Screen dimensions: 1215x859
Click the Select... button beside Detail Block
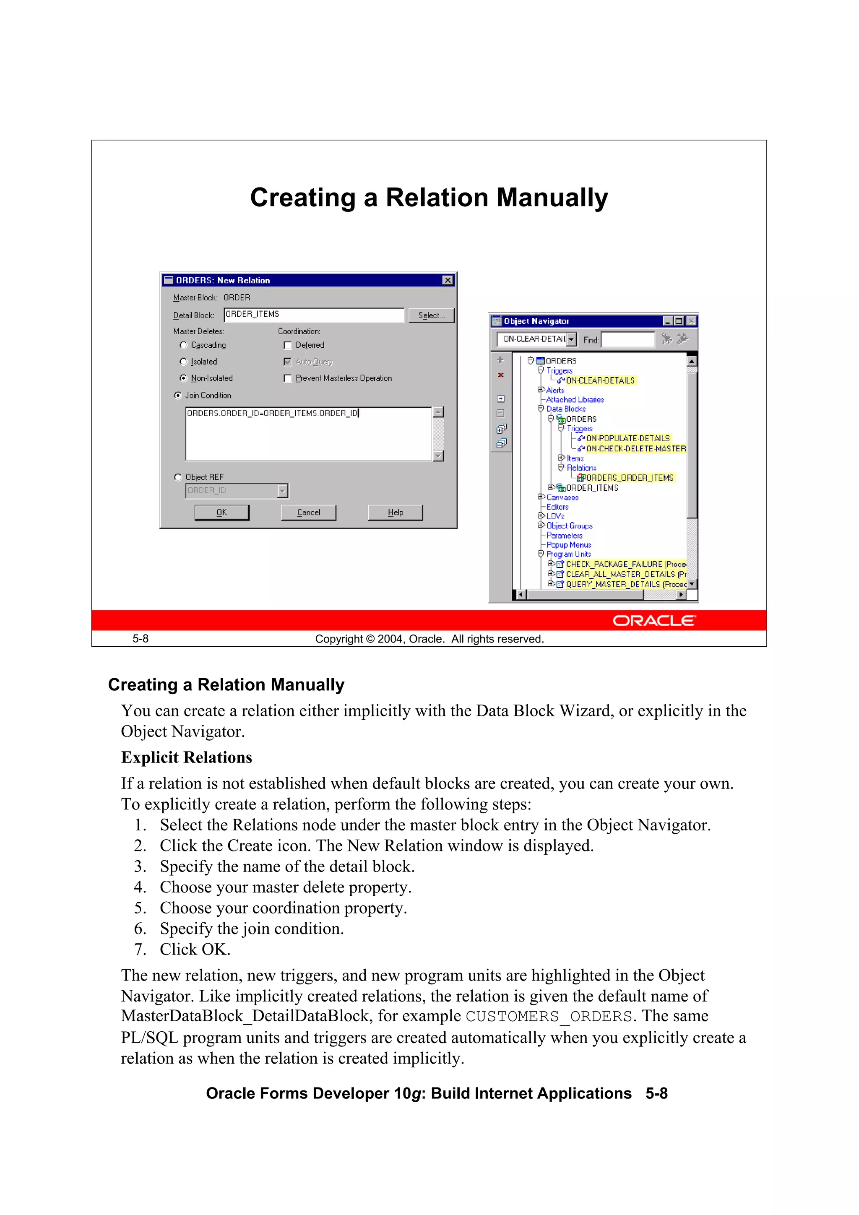(431, 315)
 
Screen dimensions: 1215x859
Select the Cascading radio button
(184, 345)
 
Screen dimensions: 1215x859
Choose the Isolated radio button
(184, 362)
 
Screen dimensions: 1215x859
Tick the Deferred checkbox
(288, 346)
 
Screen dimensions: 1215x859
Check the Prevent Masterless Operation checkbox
(288, 378)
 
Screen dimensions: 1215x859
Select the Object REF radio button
(178, 477)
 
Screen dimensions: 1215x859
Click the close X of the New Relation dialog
(448, 280)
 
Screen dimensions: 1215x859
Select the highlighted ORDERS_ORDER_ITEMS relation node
(627, 478)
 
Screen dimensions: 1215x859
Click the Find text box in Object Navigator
(628, 339)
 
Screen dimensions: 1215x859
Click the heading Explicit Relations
(186, 757)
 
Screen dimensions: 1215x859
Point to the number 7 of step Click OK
(139, 950)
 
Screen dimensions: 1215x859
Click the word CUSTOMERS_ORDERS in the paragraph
(548, 1017)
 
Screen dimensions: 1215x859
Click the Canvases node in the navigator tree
(562, 497)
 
